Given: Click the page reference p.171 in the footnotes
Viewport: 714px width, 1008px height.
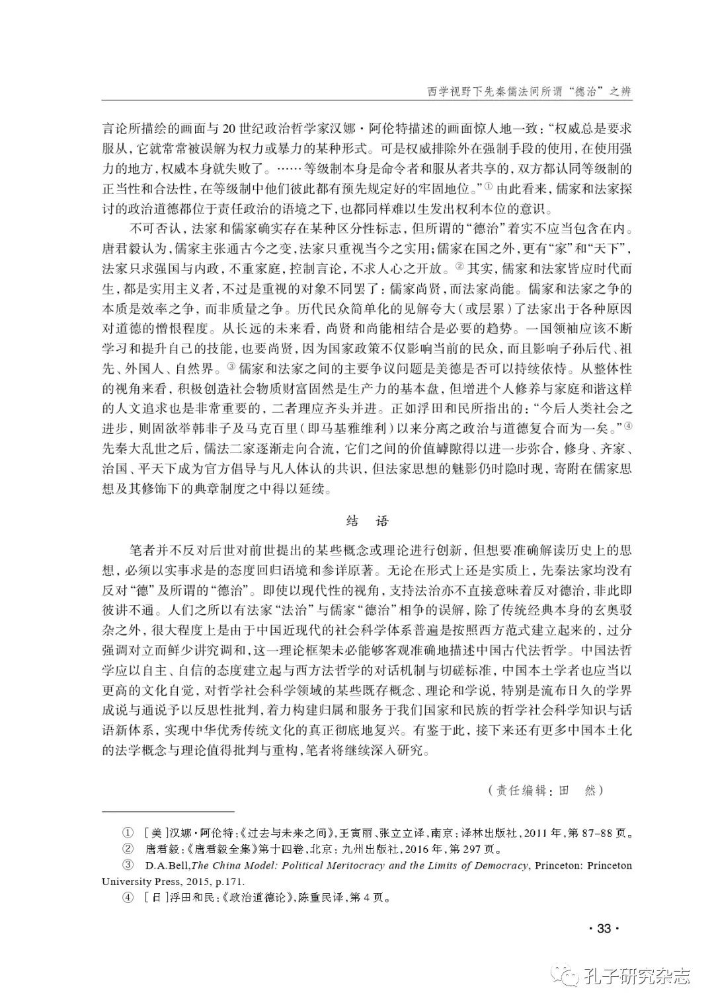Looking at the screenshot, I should (x=233, y=881).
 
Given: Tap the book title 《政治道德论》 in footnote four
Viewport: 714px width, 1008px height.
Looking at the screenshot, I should (x=239, y=898).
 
